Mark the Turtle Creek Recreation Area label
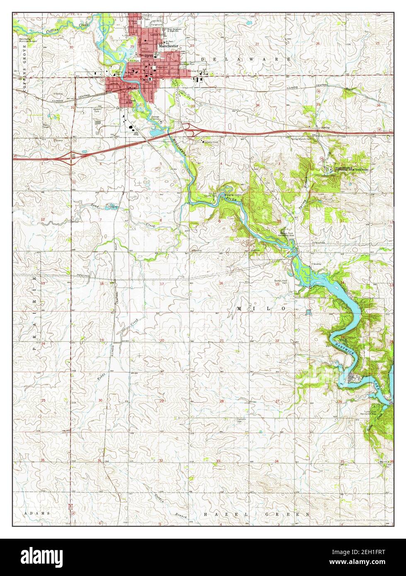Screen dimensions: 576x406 (368, 413)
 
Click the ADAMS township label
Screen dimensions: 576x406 (37, 514)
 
